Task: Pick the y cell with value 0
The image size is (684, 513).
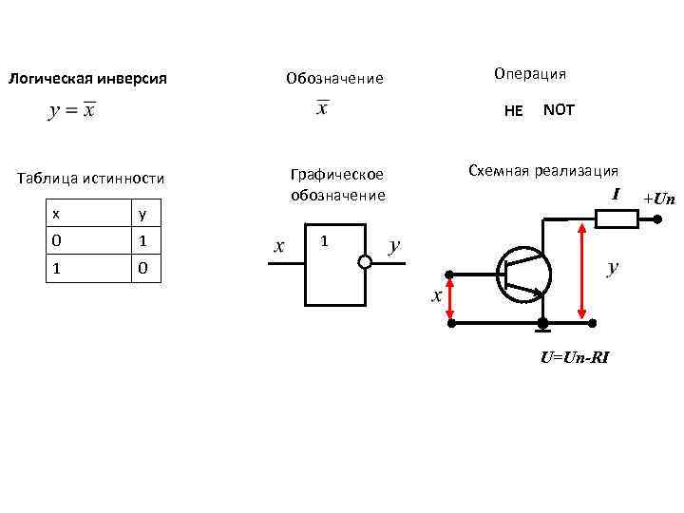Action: point(142,269)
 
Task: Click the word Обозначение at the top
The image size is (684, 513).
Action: point(334,78)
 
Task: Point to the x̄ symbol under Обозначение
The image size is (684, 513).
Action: point(322,108)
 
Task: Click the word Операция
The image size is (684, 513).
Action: point(530,73)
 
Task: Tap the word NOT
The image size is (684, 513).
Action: point(559,109)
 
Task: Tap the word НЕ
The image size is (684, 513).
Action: point(513,110)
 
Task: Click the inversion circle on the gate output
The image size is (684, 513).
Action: point(364,262)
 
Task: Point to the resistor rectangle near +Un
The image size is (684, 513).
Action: point(616,219)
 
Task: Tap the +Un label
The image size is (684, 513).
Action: point(658,199)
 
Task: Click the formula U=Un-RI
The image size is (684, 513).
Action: point(575,358)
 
